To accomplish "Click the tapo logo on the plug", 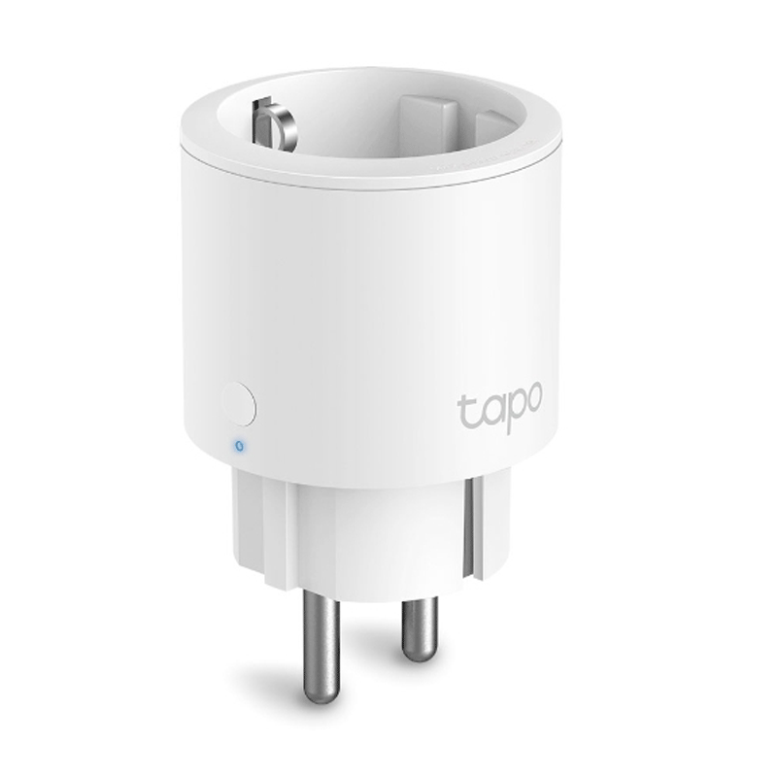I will tap(499, 404).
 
